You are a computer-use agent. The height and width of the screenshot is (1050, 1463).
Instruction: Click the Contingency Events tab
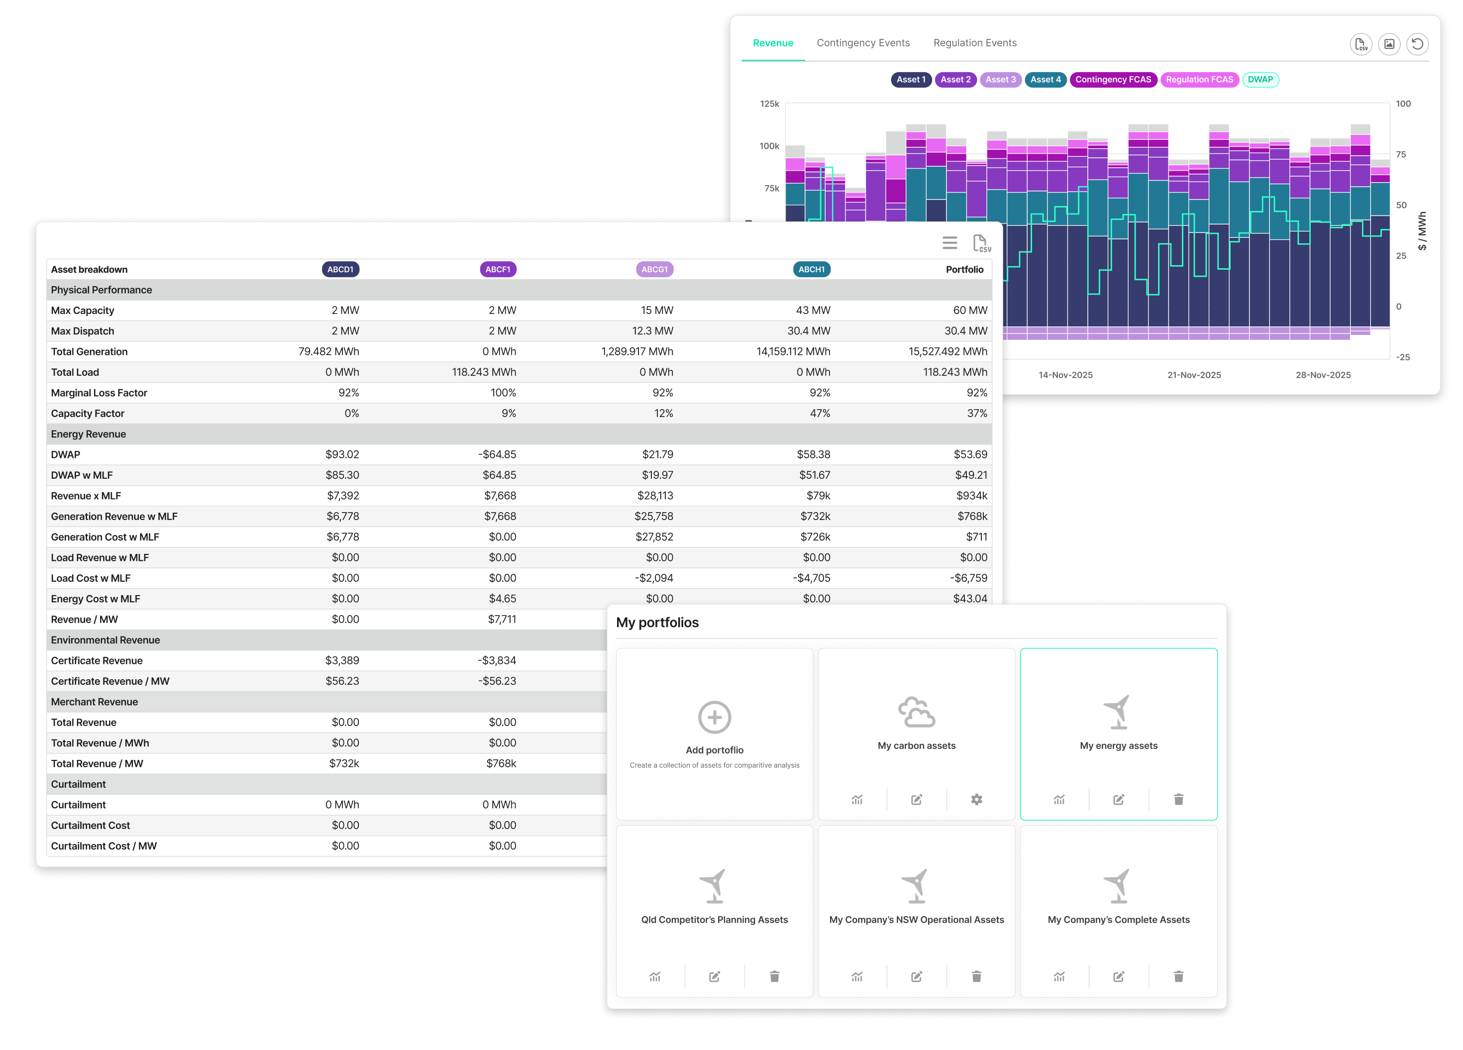[863, 43]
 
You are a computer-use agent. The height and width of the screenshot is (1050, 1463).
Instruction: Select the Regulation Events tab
[975, 43]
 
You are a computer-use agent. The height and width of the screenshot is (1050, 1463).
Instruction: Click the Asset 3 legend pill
[1001, 79]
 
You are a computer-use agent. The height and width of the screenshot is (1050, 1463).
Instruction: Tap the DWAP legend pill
[1260, 79]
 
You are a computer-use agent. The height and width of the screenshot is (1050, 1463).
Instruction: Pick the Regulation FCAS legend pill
[1199, 79]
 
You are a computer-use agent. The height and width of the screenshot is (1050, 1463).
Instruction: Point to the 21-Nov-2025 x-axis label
[1194, 375]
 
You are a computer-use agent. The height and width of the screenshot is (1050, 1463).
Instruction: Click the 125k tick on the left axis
[769, 104]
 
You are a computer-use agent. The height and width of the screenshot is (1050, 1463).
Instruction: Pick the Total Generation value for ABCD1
[328, 351]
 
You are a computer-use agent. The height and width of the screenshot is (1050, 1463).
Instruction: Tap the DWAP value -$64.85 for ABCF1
[497, 455]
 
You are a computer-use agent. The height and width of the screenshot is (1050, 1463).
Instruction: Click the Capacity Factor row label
[88, 414]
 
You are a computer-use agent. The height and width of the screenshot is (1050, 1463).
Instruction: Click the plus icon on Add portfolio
[715, 717]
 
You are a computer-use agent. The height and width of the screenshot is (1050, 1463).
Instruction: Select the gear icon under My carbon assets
[977, 800]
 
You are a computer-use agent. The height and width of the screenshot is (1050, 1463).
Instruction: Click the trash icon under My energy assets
[1178, 800]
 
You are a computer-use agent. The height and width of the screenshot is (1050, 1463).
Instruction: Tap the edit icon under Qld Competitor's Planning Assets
[715, 976]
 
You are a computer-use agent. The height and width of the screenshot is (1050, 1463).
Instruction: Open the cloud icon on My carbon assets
[917, 712]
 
